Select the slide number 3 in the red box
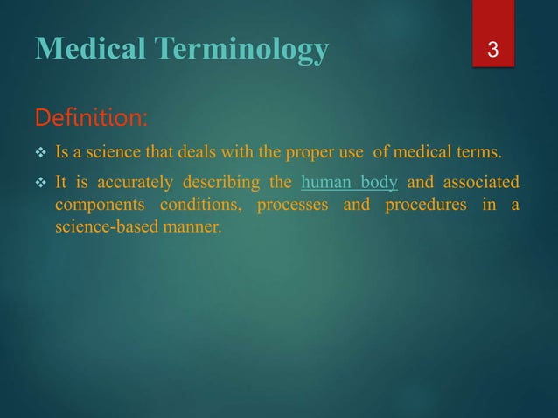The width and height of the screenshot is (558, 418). tap(493, 51)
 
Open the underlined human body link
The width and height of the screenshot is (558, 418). tap(349, 183)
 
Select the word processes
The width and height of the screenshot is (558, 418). tap(291, 206)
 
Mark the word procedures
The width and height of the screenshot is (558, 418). tap(425, 206)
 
